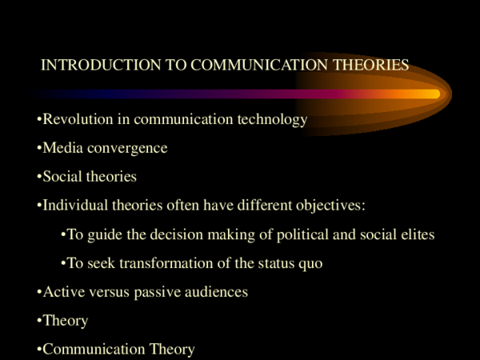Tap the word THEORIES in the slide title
click(370, 65)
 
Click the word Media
click(61, 148)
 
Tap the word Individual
click(74, 206)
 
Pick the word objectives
click(330, 206)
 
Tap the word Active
click(62, 292)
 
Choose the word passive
click(154, 292)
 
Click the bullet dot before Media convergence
click(39, 149)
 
